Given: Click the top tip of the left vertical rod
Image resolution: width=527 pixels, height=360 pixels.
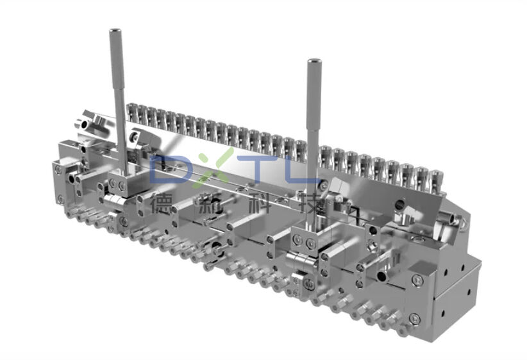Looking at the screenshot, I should (x=115, y=32).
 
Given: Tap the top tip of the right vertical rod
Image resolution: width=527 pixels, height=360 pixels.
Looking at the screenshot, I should (x=314, y=62).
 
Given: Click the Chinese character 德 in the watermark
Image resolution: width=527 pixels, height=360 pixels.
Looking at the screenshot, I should (x=162, y=204).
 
